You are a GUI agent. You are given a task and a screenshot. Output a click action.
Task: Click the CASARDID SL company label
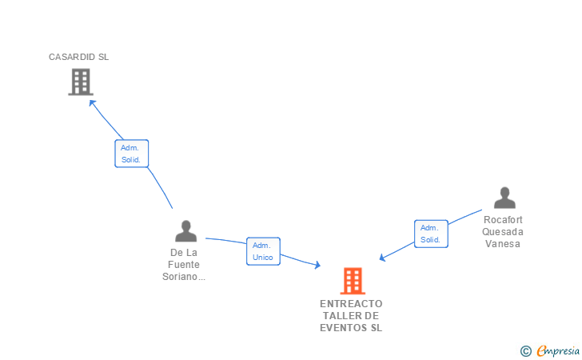(x=78, y=57)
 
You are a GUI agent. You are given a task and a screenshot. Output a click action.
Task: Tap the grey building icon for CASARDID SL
(x=80, y=82)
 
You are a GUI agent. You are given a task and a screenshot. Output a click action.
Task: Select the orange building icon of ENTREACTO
(x=352, y=281)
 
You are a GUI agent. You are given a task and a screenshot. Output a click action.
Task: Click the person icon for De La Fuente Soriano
(x=185, y=231)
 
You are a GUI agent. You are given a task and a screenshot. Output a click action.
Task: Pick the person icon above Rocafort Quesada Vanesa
(x=504, y=198)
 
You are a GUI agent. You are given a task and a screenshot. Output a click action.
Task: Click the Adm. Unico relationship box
(x=263, y=251)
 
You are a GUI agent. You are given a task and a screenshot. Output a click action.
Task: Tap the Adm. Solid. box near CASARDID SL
(x=131, y=154)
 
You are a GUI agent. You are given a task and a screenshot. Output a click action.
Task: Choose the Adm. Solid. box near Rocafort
(x=431, y=234)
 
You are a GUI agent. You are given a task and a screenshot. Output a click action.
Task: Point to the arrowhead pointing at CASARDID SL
(x=91, y=102)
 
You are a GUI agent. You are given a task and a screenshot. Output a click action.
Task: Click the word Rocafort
(x=504, y=218)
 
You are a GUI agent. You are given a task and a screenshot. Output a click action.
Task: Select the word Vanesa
(x=503, y=244)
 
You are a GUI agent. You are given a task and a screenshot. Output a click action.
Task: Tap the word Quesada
(x=503, y=231)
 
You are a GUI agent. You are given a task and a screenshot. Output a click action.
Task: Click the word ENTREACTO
(x=351, y=304)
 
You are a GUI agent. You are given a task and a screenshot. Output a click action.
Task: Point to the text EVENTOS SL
(x=351, y=328)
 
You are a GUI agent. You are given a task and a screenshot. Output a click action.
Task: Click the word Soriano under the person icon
(x=183, y=277)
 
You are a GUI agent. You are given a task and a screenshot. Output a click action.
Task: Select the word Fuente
(x=185, y=265)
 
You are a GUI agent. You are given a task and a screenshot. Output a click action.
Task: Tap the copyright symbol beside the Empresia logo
(x=525, y=350)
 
